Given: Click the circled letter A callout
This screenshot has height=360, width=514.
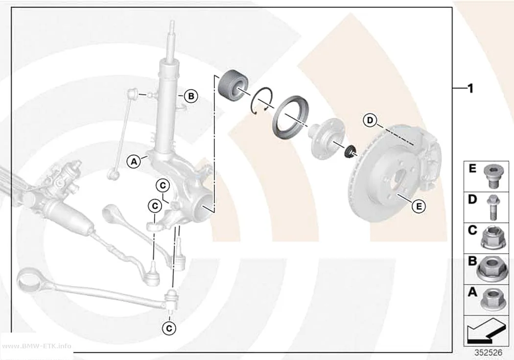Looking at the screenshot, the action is click(134, 161).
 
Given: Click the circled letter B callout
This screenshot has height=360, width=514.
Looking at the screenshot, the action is click(191, 96).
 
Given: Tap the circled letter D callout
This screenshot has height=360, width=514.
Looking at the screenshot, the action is click(370, 120).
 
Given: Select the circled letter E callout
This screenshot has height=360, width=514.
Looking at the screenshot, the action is click(419, 206).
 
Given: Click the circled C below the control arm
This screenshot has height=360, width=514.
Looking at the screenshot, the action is click(169, 328).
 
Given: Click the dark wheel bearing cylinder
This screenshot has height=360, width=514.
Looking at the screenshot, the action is click(233, 84).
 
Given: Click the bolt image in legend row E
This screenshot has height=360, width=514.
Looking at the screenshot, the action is click(491, 176).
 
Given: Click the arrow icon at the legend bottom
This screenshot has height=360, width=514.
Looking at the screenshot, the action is click(486, 331).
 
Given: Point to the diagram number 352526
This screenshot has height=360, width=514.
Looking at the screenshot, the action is click(488, 353).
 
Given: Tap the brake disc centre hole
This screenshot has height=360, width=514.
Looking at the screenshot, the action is click(400, 179).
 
